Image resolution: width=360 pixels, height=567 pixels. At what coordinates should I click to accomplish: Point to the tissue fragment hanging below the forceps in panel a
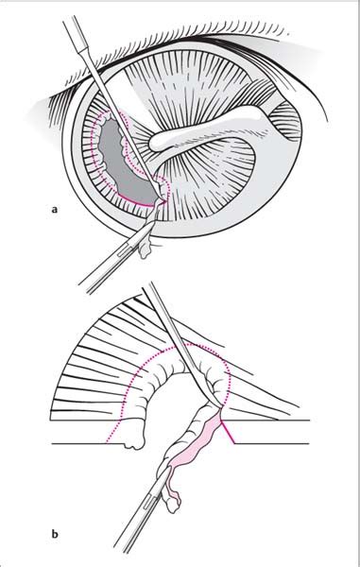point(146,249)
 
